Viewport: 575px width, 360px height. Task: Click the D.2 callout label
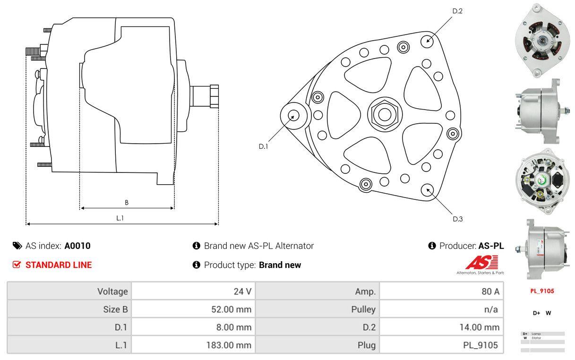[457, 11]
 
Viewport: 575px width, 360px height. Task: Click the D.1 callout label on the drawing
[263, 146]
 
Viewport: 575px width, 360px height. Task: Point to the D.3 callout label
[457, 219]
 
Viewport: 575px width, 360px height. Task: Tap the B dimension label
[127, 203]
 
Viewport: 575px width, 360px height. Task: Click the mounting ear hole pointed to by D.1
[293, 115]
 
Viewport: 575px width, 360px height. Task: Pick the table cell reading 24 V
[242, 291]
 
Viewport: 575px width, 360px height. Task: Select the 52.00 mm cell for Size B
[231, 309]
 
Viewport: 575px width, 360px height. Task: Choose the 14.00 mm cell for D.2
[479, 327]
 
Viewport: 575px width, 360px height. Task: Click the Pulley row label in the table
[364, 309]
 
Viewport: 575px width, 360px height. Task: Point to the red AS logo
[481, 263]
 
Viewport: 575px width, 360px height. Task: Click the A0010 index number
[77, 246]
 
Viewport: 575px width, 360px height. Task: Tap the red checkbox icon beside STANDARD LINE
[17, 265]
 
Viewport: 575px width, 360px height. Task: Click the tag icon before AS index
[17, 246]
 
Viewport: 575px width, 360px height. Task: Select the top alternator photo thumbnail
[540, 40]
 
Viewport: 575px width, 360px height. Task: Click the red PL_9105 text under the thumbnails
[541, 291]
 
